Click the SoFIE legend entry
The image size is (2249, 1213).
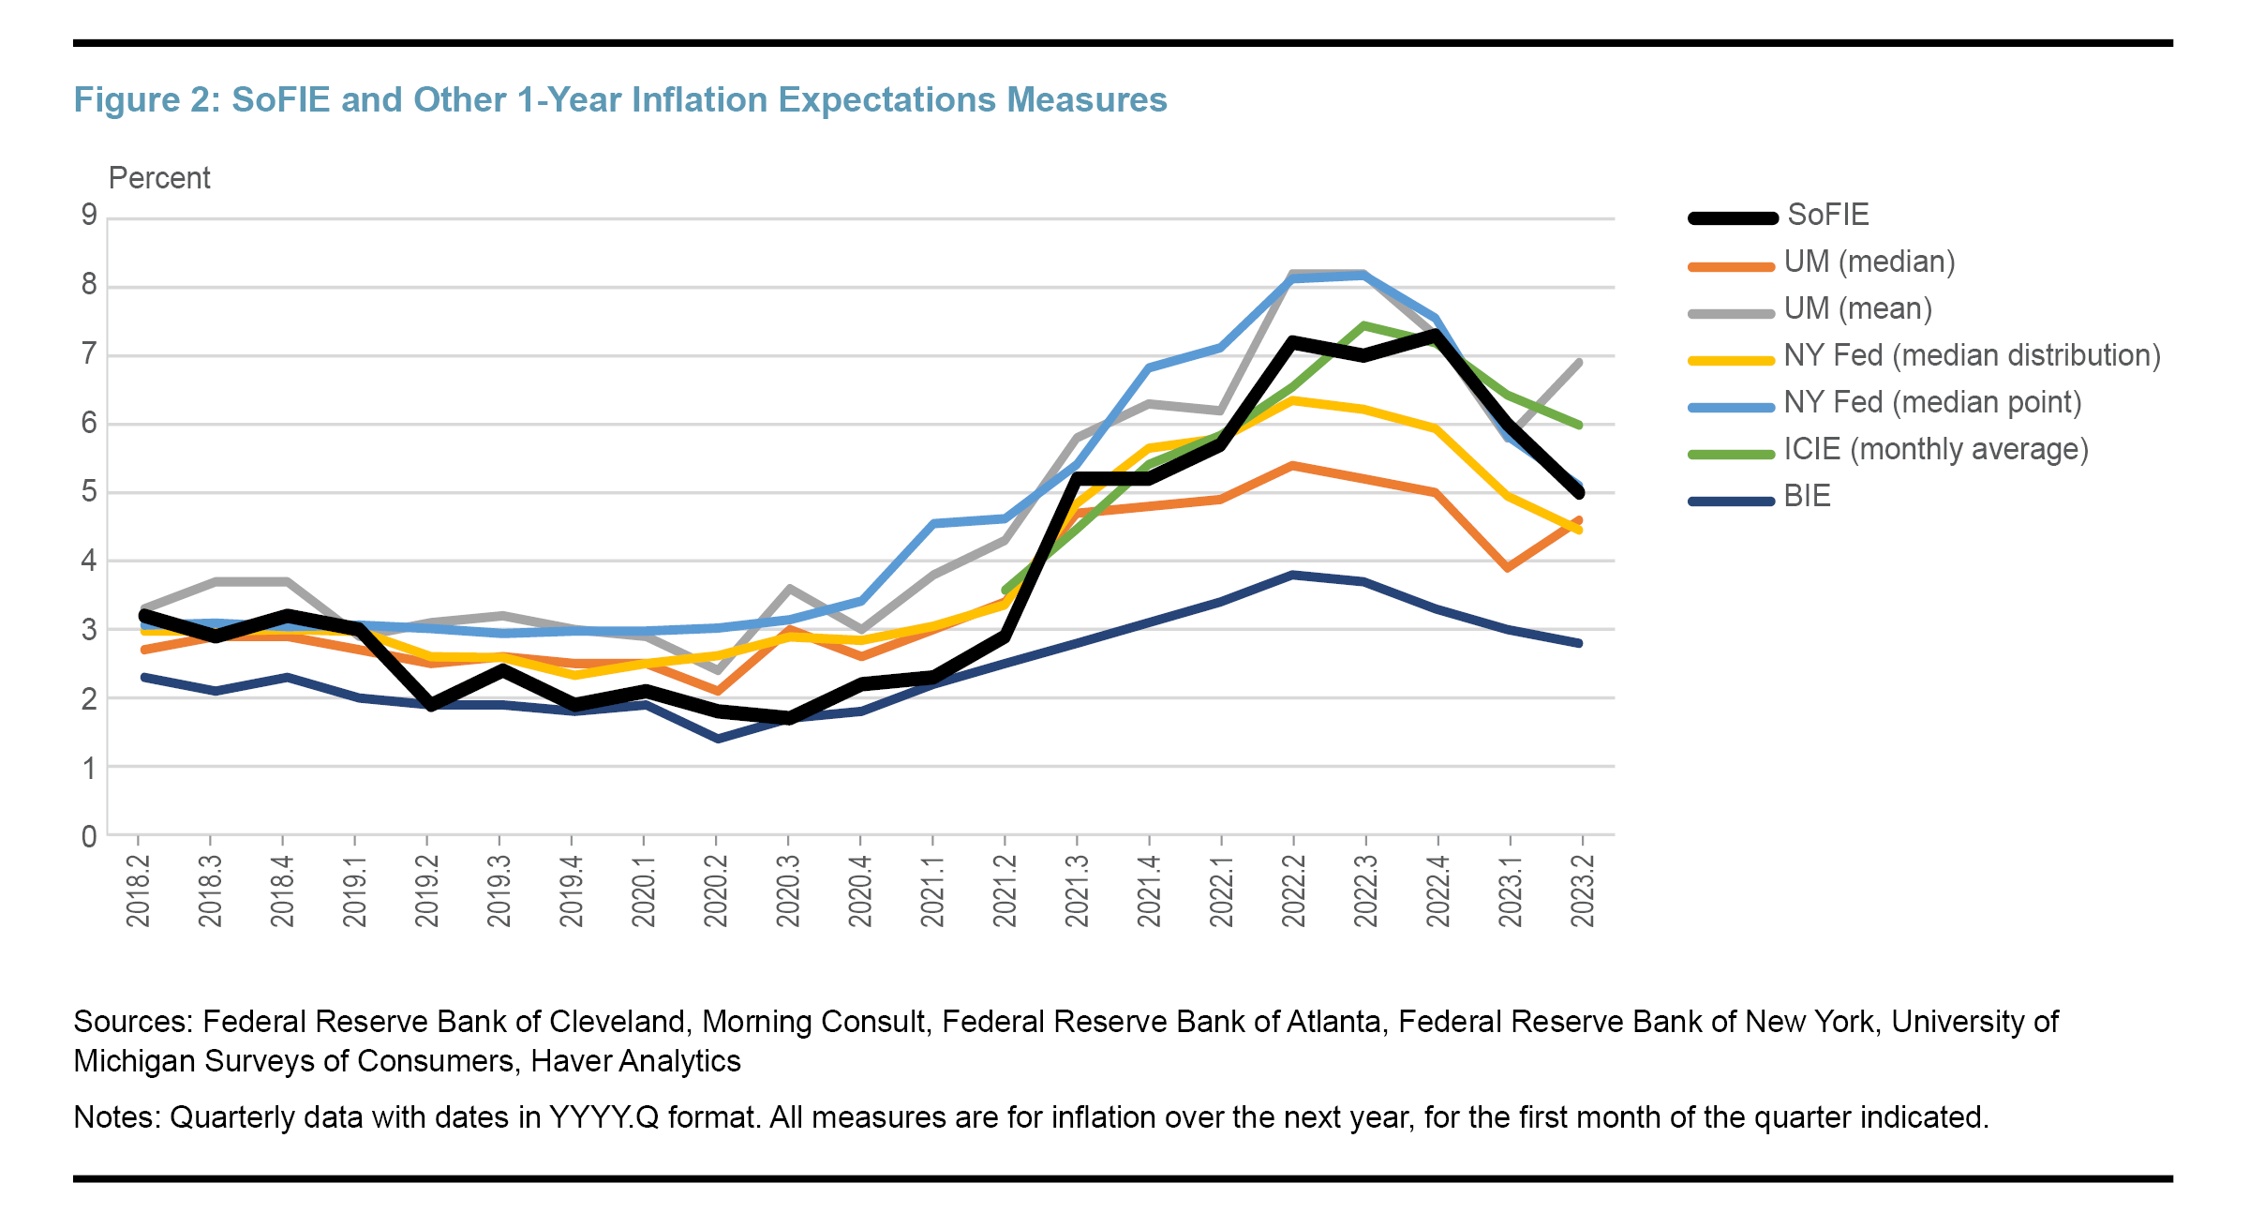(x=1827, y=215)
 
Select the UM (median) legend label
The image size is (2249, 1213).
(x=1869, y=262)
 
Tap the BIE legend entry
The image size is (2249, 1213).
(x=1807, y=496)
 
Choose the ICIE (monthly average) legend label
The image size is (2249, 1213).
(x=1935, y=449)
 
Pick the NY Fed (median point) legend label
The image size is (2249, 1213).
(x=1931, y=402)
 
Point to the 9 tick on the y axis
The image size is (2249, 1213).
(x=89, y=216)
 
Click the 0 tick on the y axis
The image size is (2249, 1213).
(x=89, y=836)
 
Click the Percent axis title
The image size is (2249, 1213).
(x=159, y=178)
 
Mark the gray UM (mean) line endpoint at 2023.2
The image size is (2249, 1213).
(x=1580, y=362)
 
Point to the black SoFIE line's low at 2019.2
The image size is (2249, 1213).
(x=430, y=706)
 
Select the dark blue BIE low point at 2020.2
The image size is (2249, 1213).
(x=718, y=740)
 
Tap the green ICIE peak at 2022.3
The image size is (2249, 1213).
(x=1363, y=326)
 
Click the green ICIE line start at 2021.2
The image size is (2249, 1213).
(x=1005, y=591)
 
